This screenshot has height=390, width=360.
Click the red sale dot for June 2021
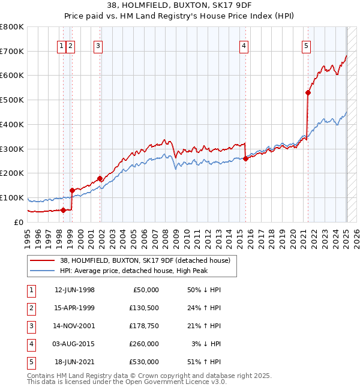[308, 92]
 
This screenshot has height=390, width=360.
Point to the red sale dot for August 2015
[246, 158]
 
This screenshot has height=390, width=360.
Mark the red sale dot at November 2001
[100, 178]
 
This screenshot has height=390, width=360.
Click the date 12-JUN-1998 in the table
[74, 290]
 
